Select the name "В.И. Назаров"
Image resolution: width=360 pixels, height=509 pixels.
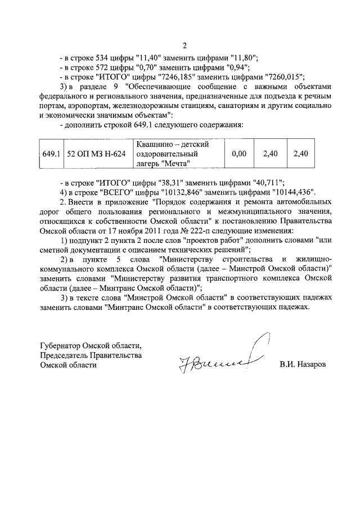click(302, 364)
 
